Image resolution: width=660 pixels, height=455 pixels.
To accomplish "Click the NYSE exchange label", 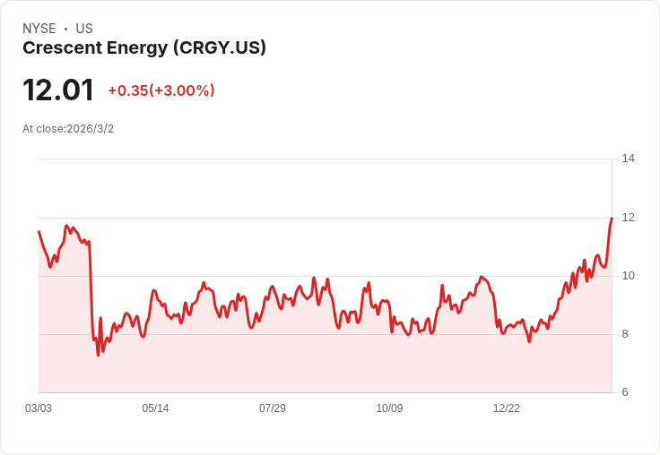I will [x=39, y=29].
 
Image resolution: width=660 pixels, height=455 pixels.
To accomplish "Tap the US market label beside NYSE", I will [x=84, y=29].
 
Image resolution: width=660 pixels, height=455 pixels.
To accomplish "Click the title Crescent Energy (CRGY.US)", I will [x=144, y=48].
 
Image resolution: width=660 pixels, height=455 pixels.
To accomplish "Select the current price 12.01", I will [x=58, y=90].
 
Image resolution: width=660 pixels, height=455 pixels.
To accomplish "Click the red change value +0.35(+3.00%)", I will [x=161, y=90].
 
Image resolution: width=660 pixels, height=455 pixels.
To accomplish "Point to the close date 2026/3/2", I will [x=90, y=129].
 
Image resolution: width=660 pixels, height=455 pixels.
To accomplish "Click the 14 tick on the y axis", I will [x=628, y=159].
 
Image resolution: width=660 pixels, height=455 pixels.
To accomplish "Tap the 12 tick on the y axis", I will [x=628, y=218].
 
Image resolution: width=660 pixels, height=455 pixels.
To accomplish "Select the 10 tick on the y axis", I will [x=628, y=276].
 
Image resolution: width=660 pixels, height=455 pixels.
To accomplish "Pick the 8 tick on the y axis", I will [x=628, y=334].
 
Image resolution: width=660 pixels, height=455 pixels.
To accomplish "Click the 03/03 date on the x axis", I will [x=39, y=408].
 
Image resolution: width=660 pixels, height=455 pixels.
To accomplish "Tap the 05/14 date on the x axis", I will [x=155, y=408].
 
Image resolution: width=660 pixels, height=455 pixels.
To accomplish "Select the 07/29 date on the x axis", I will [x=273, y=408].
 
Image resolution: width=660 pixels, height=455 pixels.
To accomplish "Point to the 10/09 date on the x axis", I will [x=389, y=408].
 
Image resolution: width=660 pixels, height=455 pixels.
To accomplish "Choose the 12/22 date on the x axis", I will [x=507, y=408].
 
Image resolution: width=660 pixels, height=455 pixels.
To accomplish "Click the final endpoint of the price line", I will [x=612, y=218].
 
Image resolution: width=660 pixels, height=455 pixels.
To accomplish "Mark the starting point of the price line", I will [x=39, y=231].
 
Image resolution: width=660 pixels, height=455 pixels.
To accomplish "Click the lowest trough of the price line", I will [x=98, y=355].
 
